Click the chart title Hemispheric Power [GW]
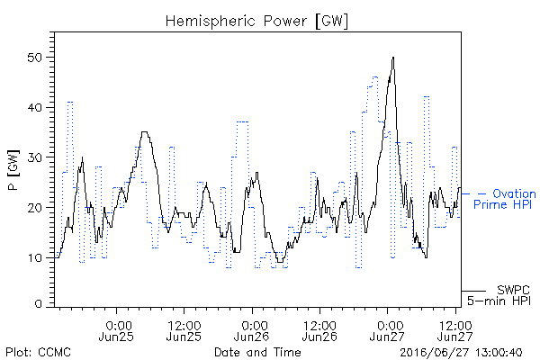[256, 22]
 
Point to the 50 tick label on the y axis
[34, 58]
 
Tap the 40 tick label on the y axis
[34, 107]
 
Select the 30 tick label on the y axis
[34, 157]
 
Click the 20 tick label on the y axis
[34, 208]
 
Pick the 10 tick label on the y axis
[35, 257]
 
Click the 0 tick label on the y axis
[38, 304]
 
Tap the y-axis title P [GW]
[13, 170]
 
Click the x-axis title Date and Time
[257, 353]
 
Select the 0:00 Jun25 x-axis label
[116, 331]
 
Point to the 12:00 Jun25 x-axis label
[184, 331]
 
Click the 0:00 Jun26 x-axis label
[252, 331]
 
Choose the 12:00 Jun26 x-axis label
[319, 331]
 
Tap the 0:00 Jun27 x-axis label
[387, 331]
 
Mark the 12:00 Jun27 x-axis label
[455, 331]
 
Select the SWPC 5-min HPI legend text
[499, 295]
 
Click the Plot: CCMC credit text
[38, 353]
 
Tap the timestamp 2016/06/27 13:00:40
[461, 353]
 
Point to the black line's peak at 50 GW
[393, 58]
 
